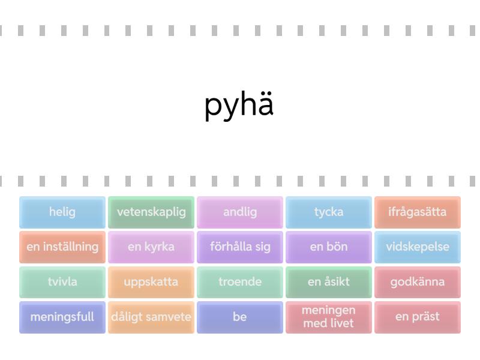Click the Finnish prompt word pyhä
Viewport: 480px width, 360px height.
click(239, 106)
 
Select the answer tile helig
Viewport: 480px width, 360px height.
click(62, 212)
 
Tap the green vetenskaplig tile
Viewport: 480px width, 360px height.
click(151, 212)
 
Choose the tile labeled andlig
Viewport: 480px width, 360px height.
click(240, 212)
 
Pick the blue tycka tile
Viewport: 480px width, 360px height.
click(329, 212)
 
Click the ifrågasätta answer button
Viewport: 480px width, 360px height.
click(418, 212)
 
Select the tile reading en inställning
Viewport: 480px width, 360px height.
click(62, 247)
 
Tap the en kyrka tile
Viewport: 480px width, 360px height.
click(151, 247)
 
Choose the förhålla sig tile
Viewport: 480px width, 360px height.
click(240, 247)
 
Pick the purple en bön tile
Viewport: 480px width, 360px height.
click(329, 247)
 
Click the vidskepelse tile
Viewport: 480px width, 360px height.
click(418, 247)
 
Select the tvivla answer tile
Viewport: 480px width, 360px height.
click(62, 282)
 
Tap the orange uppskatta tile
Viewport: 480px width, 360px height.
click(151, 282)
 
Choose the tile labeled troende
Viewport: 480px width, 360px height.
click(240, 282)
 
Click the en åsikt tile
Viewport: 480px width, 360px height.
click(329, 282)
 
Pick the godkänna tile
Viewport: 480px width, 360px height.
click(418, 282)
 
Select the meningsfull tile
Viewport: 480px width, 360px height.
click(62, 317)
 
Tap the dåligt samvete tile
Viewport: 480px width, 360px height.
click(151, 317)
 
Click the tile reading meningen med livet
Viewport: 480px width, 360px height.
click(329, 317)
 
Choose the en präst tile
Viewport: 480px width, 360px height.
click(418, 317)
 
